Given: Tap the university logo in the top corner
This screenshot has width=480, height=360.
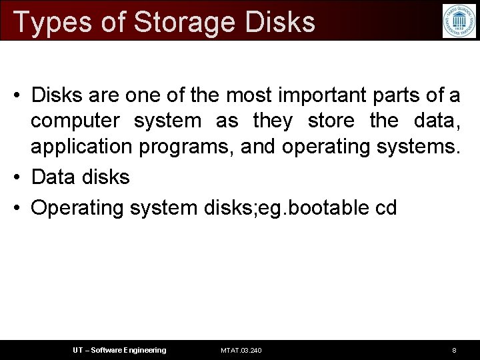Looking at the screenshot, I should point(459,21).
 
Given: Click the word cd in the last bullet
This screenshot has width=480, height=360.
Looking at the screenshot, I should point(386,207).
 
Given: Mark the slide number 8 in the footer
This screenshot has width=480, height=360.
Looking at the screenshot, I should point(454,350).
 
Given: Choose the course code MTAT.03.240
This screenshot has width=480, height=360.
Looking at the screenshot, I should point(241,350).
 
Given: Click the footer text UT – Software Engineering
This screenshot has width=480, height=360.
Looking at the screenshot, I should point(119,350).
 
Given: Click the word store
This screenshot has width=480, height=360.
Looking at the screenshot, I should point(331,121).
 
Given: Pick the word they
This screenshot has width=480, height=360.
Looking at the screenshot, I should point(273,121).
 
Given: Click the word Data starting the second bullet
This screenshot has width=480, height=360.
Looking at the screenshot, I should point(52,177).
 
